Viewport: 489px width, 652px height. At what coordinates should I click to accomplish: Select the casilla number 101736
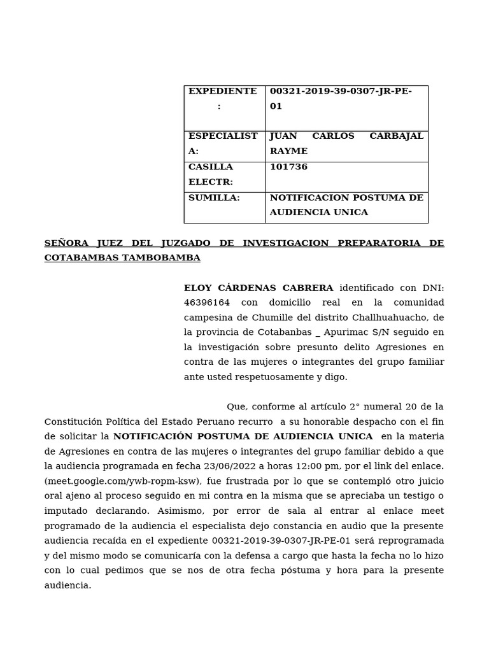point(288,167)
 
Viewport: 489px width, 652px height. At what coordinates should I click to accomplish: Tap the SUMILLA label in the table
point(214,198)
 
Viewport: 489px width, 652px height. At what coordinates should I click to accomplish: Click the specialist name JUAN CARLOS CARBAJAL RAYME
point(346,144)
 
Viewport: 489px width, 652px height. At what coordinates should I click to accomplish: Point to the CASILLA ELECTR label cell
point(211,174)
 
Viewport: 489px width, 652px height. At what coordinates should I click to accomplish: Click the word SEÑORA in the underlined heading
point(66,243)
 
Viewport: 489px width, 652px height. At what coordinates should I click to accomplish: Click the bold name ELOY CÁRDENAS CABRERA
point(259,288)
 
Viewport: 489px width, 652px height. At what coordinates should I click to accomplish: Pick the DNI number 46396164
point(207,302)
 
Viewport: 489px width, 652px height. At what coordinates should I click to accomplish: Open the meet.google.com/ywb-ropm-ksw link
point(123,481)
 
